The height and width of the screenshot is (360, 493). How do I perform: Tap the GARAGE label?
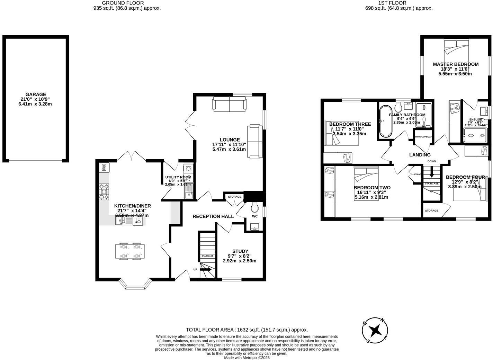(35, 94)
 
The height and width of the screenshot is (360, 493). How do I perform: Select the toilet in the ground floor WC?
(255, 207)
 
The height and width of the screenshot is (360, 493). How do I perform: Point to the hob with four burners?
(104, 192)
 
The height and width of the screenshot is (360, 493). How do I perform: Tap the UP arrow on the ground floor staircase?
(205, 269)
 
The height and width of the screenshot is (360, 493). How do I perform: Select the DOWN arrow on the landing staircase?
(431, 171)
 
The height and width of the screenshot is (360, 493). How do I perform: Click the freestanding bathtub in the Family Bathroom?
(384, 121)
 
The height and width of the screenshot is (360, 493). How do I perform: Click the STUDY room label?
(240, 251)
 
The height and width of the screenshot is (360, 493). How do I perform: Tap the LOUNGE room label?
(229, 140)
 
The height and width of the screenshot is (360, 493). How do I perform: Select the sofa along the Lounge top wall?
(230, 104)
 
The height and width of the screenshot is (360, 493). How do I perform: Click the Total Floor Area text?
(247, 330)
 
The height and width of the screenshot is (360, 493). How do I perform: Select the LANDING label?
(420, 155)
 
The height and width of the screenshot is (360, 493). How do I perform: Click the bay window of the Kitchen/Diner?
(135, 285)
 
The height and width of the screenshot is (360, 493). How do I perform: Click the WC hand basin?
(254, 227)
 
